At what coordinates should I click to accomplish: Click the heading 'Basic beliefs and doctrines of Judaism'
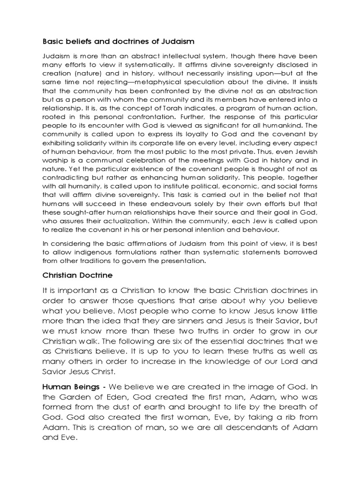pos(118,42)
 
